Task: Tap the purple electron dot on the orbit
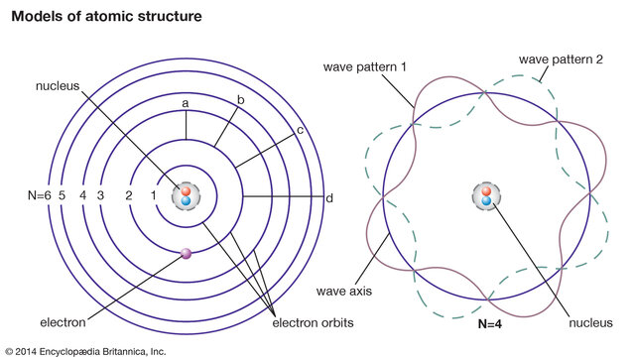coord(186,255)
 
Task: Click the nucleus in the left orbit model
coord(186,196)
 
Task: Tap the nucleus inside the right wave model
coord(486,196)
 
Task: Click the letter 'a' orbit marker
coord(186,101)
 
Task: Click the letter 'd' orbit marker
coord(328,197)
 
